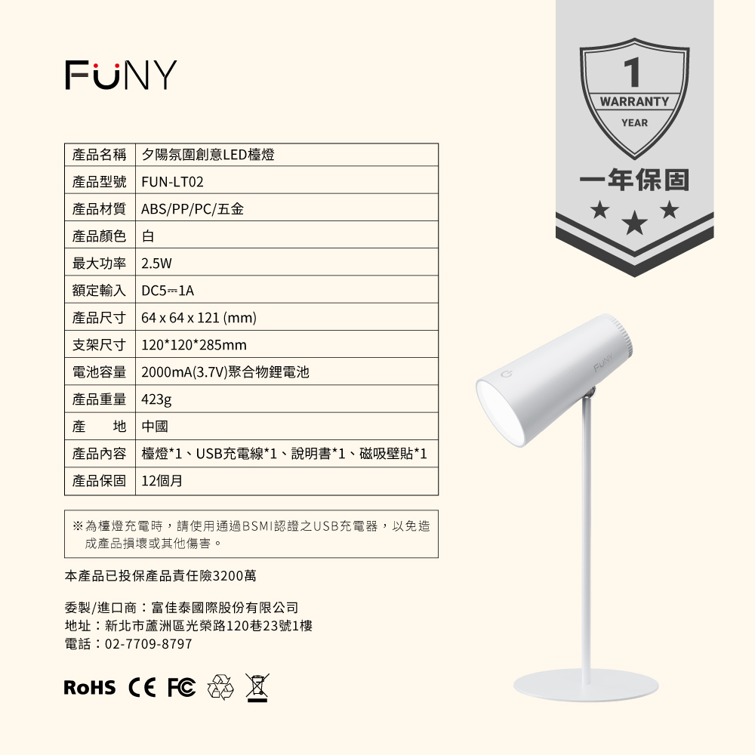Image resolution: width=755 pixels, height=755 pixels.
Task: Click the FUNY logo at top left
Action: pos(121,75)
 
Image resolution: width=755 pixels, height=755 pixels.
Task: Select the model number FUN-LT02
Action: pos(173,183)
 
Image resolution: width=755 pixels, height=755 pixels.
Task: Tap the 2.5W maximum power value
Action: pos(157,264)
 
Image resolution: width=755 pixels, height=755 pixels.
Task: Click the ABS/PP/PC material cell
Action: pos(193,210)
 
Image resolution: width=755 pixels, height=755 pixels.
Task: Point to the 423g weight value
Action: pos(157,400)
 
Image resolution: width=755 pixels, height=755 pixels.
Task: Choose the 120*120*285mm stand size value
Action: pos(194,346)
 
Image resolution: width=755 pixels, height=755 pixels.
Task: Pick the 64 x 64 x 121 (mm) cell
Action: pos(199,319)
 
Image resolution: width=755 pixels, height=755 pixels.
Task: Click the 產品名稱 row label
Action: pos(100,156)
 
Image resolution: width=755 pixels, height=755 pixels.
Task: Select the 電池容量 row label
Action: pos(100,373)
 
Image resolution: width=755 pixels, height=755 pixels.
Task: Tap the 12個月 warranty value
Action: pos(162,481)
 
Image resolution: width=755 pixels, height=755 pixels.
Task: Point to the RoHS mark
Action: pos(90,687)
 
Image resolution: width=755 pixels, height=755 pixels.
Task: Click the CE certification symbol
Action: pos(143,687)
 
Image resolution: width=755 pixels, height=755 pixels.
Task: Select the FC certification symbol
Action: pos(181,687)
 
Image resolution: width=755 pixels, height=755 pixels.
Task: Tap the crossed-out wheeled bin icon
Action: pos(257,687)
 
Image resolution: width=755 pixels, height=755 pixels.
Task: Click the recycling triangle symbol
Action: pos(221,687)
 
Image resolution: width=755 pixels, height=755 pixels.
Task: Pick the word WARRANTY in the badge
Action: pos(634,101)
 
